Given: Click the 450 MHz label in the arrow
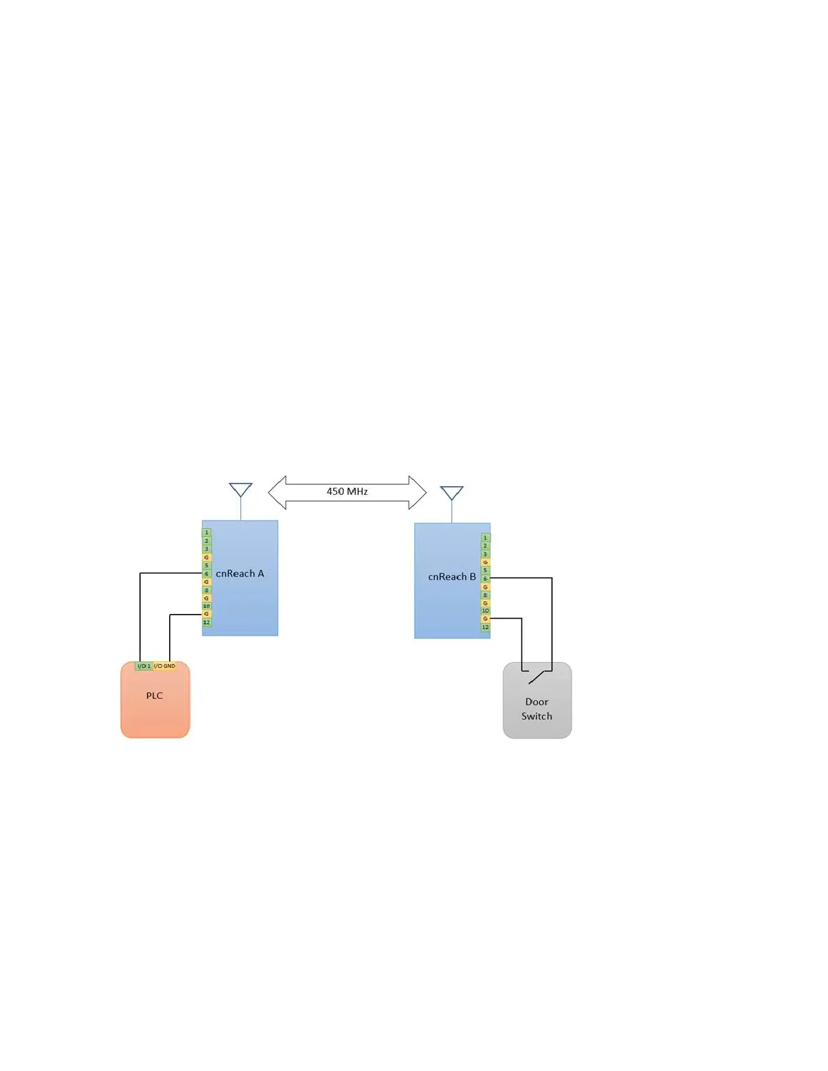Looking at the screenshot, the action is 347,492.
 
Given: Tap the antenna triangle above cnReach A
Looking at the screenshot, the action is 241,490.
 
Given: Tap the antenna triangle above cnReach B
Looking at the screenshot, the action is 452,492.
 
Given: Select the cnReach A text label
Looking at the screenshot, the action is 240,573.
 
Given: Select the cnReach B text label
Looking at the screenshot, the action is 452,577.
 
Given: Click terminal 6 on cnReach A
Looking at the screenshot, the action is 207,573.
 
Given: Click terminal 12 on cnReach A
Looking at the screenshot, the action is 207,622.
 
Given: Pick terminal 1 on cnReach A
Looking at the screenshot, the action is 207,533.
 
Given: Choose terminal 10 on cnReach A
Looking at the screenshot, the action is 207,606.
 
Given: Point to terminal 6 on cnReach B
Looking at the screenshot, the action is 485,579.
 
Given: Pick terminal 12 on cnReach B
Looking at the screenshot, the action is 485,627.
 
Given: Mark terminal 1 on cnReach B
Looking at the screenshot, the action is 485,538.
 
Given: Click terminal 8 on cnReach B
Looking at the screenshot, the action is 485,595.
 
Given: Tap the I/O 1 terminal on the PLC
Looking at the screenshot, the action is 144,666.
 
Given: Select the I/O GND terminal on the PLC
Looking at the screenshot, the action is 164,666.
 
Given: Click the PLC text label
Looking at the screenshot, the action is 154,696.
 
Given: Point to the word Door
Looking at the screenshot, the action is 536,702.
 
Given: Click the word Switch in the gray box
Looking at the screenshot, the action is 536,716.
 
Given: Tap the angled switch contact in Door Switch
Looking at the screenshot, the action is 536,676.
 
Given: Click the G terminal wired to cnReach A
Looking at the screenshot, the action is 207,614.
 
